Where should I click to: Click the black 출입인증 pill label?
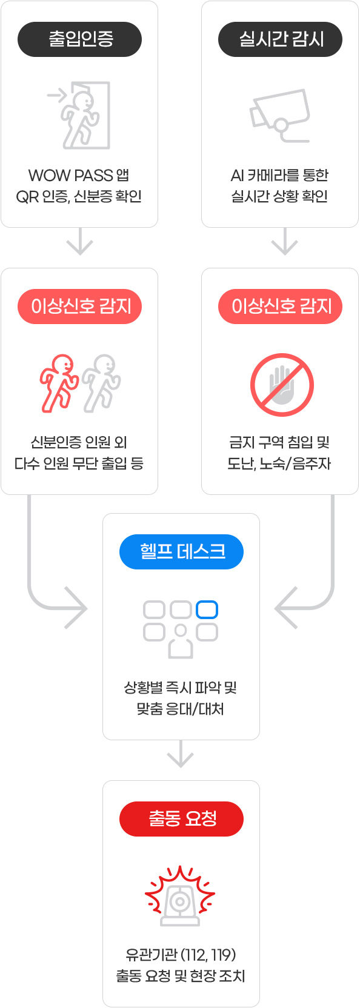[79, 39]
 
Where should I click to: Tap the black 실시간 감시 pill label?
[281, 39]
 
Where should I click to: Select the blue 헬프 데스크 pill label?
[181, 552]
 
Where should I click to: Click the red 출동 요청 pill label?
[181, 819]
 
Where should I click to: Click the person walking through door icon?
[79, 115]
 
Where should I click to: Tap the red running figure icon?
[59, 383]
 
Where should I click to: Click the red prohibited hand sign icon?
[282, 385]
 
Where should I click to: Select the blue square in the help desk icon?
[207, 610]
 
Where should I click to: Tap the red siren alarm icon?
[180, 895]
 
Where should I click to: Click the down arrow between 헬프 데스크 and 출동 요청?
[180, 754]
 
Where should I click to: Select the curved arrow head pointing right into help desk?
[76, 608]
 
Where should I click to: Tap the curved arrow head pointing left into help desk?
[285, 608]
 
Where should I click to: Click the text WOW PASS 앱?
[79, 176]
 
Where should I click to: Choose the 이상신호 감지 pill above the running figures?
[79, 307]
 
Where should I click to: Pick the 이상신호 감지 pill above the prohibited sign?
[281, 307]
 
